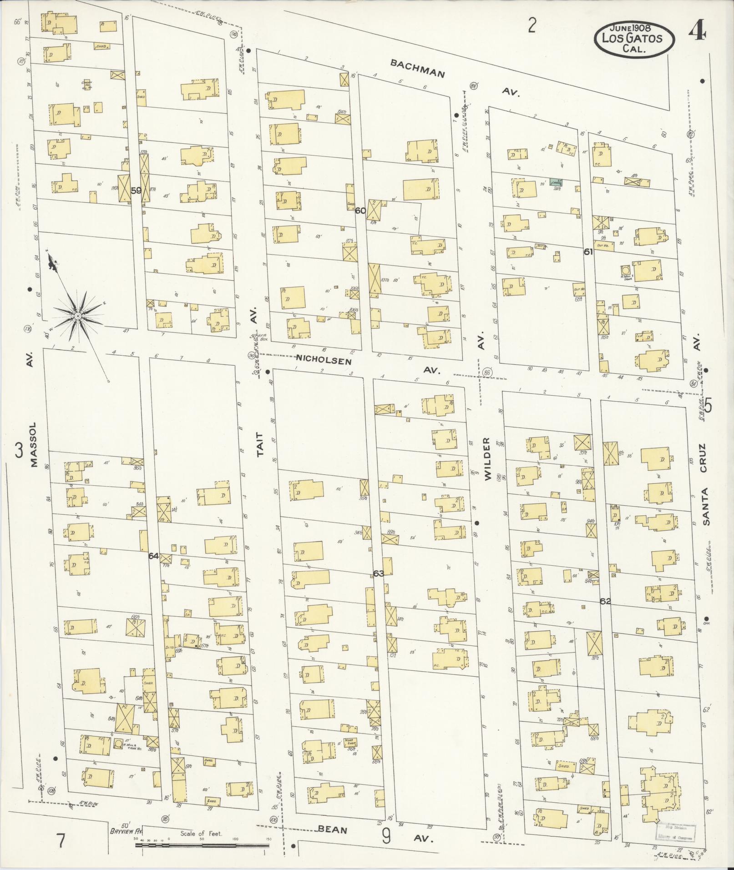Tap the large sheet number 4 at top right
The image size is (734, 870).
697,32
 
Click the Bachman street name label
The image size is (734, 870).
417,69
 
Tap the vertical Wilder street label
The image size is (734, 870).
487,459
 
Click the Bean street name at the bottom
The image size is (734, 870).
332,830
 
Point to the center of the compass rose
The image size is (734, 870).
78,316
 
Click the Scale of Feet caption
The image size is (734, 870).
201,834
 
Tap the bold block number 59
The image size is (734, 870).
136,191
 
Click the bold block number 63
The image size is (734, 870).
378,573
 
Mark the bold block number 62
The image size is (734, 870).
605,601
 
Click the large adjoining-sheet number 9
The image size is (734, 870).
386,837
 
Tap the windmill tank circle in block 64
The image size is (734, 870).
118,744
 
